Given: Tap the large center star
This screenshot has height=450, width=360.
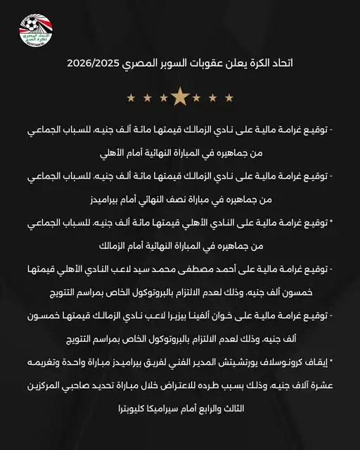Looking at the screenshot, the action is [179, 96].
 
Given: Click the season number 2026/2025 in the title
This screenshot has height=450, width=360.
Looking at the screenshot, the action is [97, 63].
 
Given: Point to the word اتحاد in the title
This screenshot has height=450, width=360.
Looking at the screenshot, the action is [280, 63].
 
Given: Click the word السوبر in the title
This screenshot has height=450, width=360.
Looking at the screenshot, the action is [176, 63].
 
